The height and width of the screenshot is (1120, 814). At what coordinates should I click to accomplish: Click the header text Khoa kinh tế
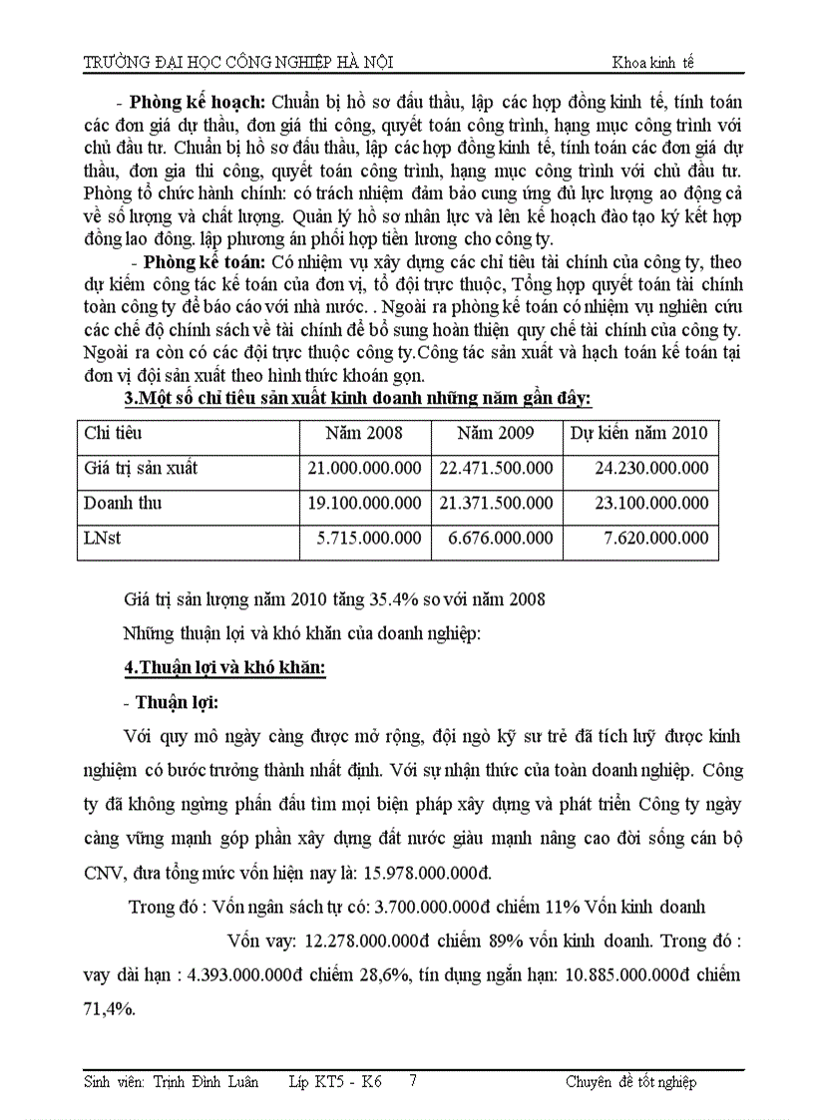pyautogui.click(x=652, y=62)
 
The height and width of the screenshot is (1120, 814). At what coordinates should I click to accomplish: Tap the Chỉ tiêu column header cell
pyautogui.click(x=113, y=433)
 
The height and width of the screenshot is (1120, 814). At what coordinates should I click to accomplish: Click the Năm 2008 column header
pyautogui.click(x=364, y=433)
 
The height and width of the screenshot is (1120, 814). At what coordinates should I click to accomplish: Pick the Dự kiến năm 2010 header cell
pyautogui.click(x=638, y=433)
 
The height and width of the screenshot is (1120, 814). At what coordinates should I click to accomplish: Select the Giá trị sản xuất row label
pyautogui.click(x=141, y=468)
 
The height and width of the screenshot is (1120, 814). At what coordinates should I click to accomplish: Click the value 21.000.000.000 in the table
pyautogui.click(x=364, y=468)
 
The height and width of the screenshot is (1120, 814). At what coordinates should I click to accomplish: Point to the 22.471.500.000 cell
pyautogui.click(x=496, y=468)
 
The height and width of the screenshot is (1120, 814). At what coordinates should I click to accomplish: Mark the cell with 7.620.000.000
pyautogui.click(x=656, y=539)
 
